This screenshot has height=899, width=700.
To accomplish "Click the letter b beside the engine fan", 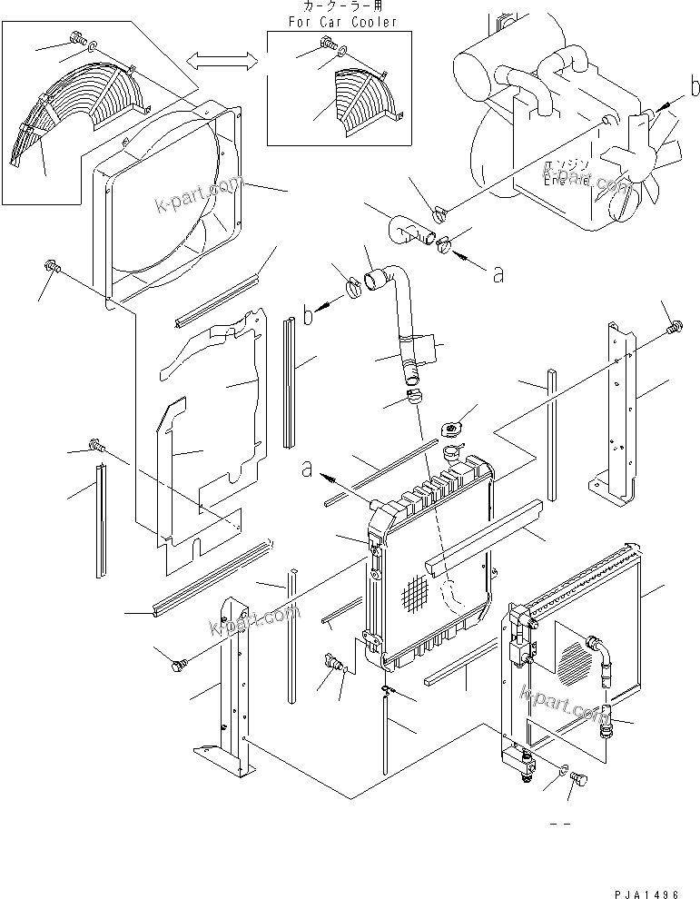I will click(695, 88).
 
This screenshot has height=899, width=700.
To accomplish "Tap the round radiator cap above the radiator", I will click(452, 429).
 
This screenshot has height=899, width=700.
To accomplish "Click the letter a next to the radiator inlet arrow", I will click(308, 469).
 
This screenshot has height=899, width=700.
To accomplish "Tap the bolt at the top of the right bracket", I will click(673, 326).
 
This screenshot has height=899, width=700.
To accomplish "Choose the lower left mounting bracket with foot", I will click(228, 690).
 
